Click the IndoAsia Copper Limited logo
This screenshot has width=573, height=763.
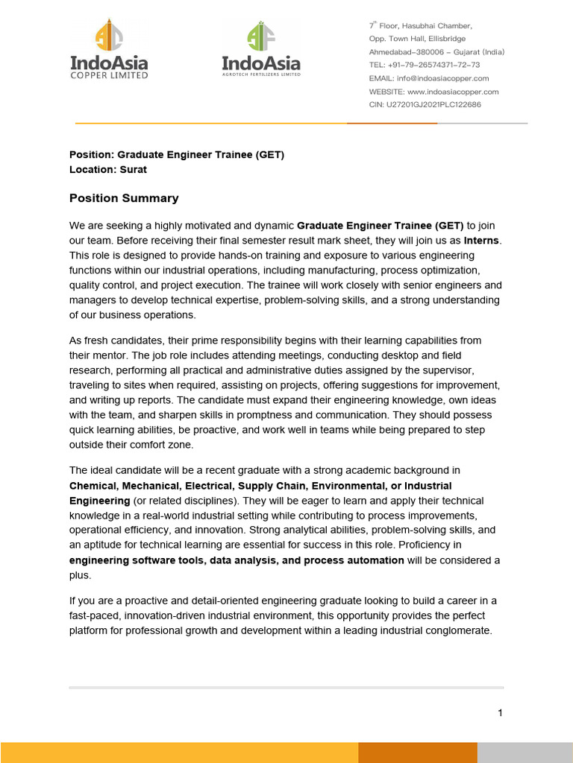109,50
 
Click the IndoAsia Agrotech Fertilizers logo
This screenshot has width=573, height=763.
261,50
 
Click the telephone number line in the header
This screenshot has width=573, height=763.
425,65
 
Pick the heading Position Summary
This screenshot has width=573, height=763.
124,198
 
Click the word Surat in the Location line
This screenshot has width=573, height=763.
132,169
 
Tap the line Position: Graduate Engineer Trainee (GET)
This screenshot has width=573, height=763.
177,155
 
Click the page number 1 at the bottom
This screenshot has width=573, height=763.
500,713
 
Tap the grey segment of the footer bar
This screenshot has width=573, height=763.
525,753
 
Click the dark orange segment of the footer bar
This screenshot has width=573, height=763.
417,753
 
